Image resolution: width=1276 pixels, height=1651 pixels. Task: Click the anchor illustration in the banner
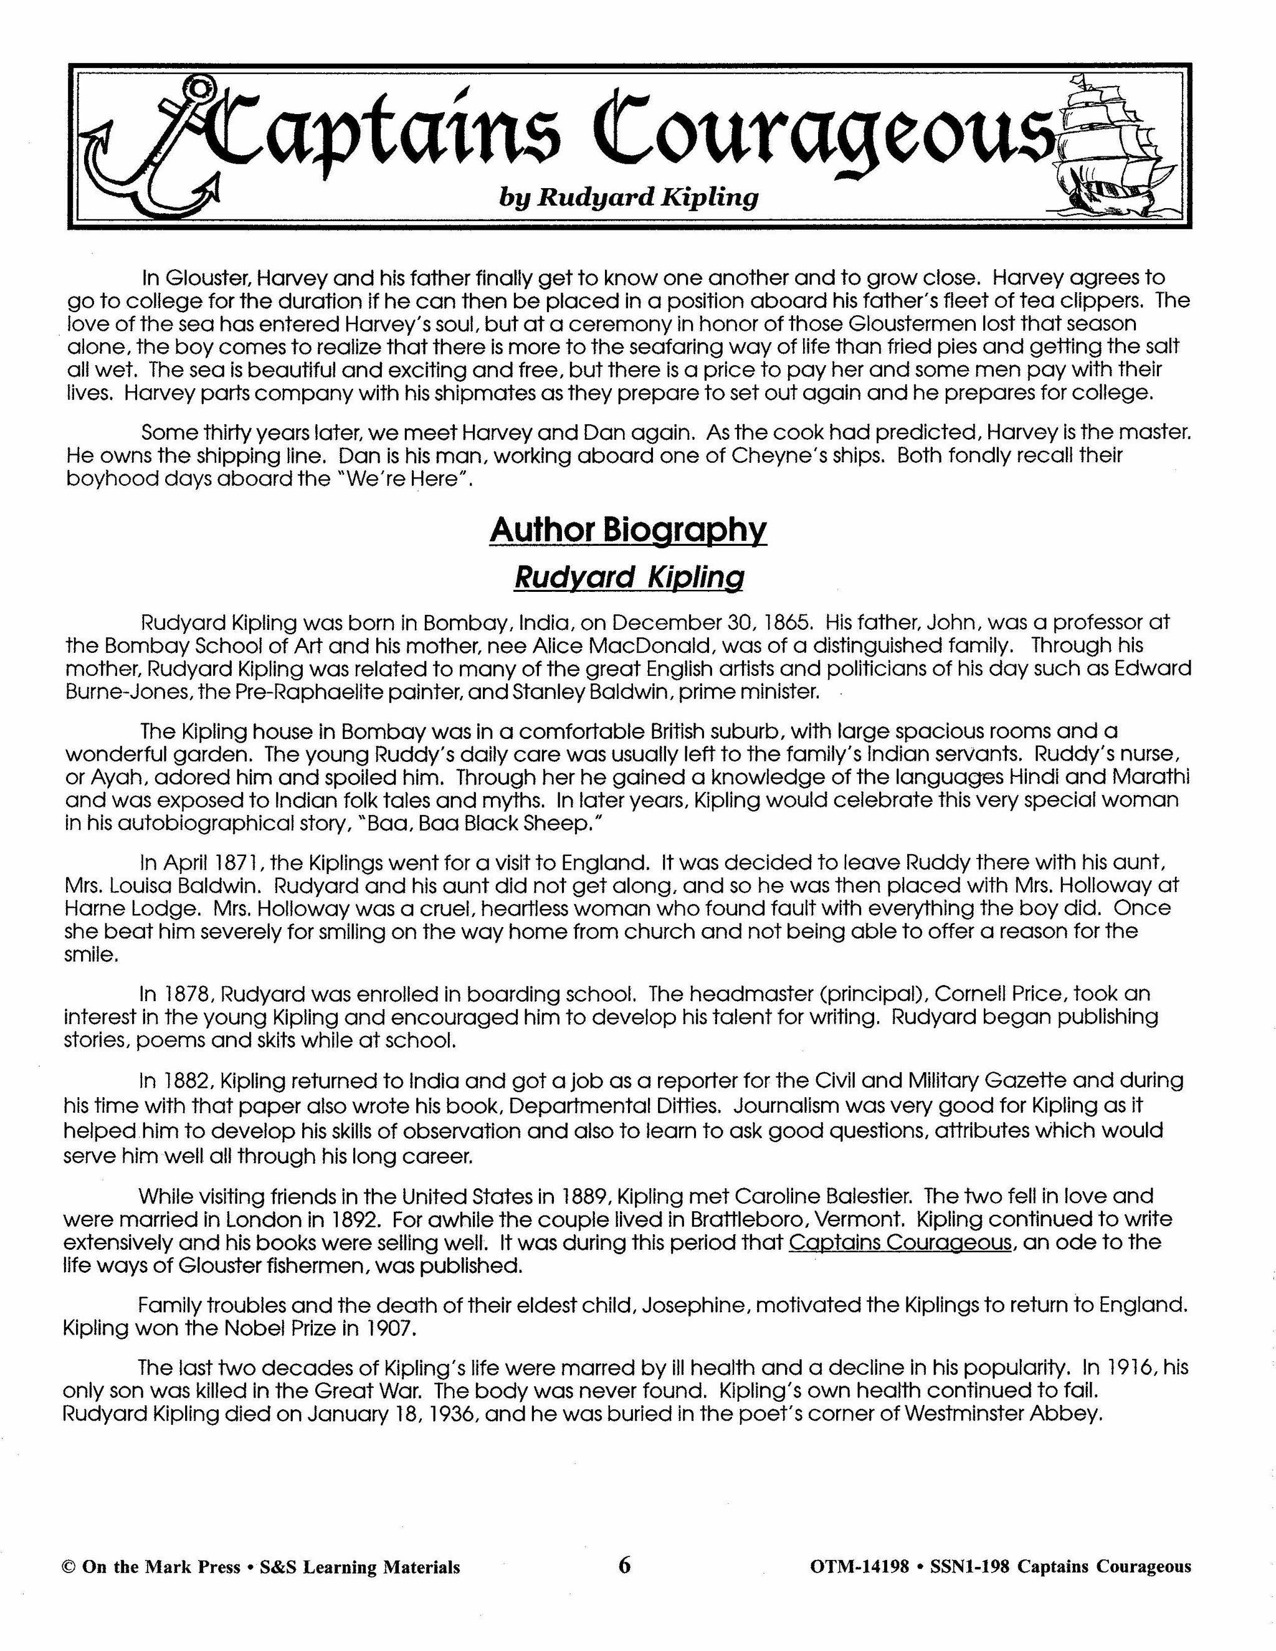pyautogui.click(x=155, y=148)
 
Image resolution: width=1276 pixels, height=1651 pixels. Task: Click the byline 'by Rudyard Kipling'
pyautogui.click(x=628, y=197)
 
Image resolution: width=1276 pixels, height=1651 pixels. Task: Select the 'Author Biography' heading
pyautogui.click(x=627, y=530)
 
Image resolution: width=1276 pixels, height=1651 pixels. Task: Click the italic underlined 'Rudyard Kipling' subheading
pyautogui.click(x=628, y=578)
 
